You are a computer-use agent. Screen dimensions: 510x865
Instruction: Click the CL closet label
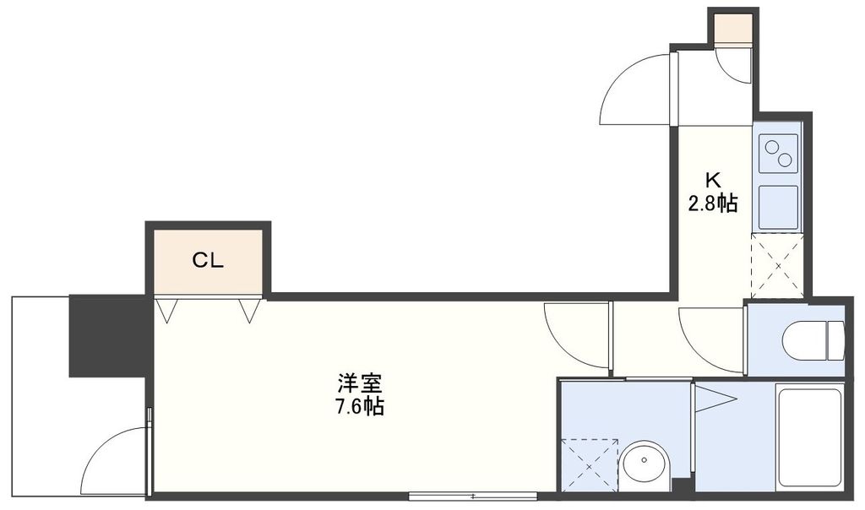click(x=207, y=261)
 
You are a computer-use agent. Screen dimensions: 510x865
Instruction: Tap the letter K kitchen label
click(x=714, y=180)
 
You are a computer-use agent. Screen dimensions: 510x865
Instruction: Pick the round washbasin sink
click(x=645, y=464)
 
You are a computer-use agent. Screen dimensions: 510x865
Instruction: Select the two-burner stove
click(x=778, y=153)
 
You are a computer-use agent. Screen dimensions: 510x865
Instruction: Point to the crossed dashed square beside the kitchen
click(x=777, y=266)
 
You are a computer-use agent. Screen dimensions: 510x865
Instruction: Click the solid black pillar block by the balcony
click(x=107, y=335)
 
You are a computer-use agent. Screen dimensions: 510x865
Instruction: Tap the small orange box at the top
click(x=732, y=29)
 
